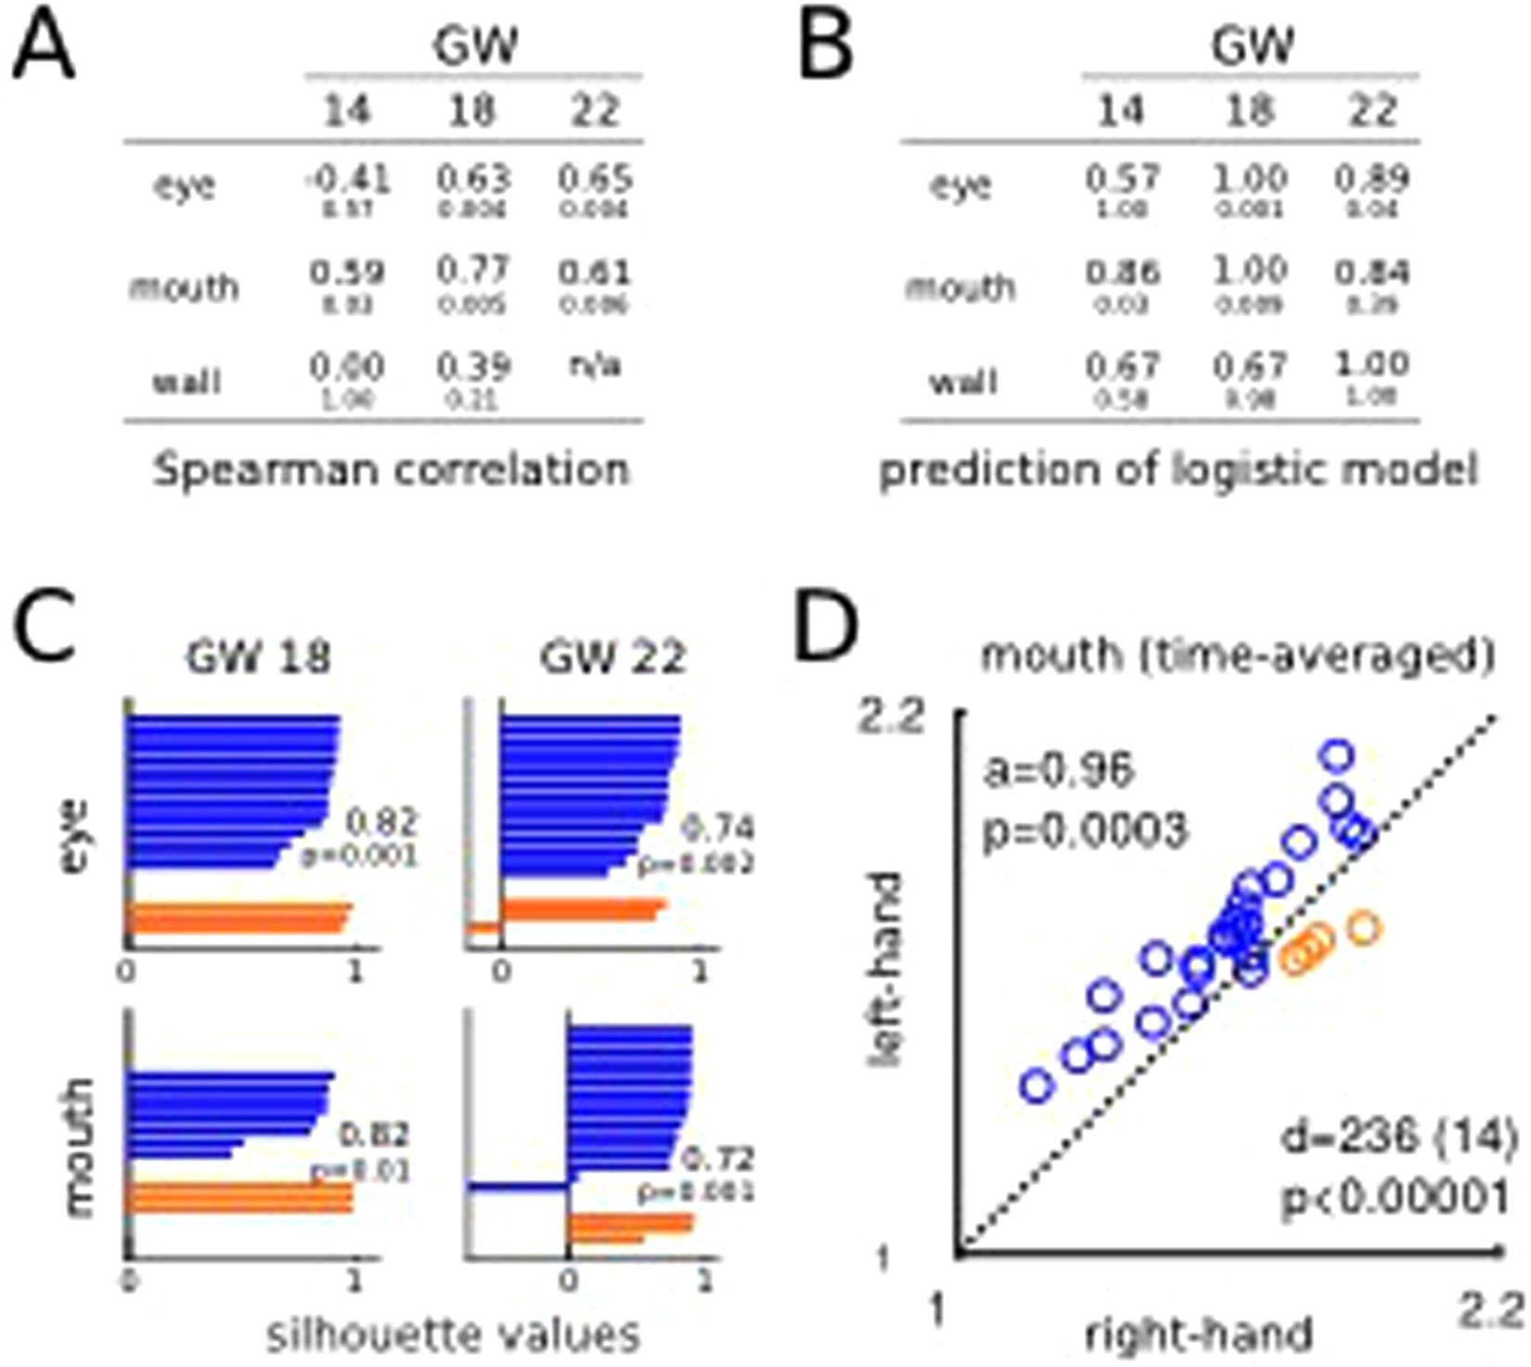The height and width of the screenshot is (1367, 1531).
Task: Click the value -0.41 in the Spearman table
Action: [347, 178]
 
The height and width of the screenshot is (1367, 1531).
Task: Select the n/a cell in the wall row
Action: [595, 365]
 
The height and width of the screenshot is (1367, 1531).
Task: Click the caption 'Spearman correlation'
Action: [392, 470]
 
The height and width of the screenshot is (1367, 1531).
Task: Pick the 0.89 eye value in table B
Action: [1372, 178]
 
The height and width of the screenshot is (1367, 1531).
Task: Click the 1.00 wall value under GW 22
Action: [1372, 364]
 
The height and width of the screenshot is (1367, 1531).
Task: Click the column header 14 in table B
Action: [1121, 110]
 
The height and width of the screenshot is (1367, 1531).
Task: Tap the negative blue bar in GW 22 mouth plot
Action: [518, 1186]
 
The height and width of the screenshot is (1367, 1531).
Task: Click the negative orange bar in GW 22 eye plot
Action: [483, 927]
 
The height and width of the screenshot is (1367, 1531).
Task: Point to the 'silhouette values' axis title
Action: [454, 1335]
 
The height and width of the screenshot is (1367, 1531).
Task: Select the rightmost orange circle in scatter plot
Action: [1363, 927]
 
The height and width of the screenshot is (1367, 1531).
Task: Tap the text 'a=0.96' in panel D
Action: [1059, 769]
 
